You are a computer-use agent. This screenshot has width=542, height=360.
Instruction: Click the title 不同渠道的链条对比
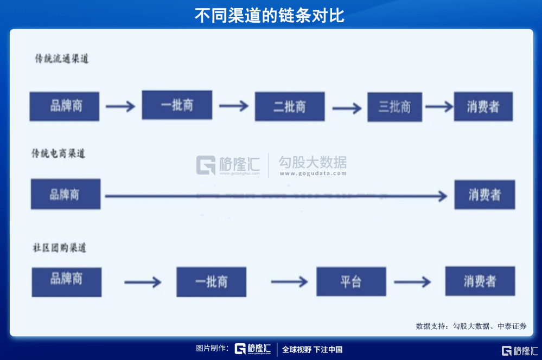pos(270,15)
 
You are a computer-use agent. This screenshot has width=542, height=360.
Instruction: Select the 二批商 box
pos(290,106)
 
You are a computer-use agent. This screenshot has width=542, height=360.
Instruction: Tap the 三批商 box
pos(394,107)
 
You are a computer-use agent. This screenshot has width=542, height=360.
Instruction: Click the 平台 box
pos(351,281)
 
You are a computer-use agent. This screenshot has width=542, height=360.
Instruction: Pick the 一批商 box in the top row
pos(177,105)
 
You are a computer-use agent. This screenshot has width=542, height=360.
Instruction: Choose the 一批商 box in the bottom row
pos(211,281)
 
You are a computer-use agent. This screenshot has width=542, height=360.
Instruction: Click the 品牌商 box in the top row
pos(65,106)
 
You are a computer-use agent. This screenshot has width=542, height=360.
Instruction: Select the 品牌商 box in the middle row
pos(66,194)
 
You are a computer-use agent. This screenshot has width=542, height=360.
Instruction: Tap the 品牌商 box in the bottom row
pos(67,281)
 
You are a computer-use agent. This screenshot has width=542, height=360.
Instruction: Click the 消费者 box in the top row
pos(483,106)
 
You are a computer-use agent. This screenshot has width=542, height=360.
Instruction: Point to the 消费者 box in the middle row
pos(484,195)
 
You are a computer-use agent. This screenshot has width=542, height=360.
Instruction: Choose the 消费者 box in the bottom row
pos(480,281)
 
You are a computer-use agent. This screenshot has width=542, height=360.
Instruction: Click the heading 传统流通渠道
pos(61,59)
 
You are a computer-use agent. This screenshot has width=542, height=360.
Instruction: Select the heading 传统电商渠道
pos(59,153)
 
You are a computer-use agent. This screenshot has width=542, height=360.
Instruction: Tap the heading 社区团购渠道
pos(59,248)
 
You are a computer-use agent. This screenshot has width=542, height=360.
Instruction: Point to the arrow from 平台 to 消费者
pos(412,282)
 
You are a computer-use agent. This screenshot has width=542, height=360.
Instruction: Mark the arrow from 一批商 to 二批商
pos(233,106)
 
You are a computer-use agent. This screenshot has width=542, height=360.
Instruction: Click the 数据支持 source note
pos(471,326)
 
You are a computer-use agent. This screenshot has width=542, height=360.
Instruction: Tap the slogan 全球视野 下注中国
pos(312,350)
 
